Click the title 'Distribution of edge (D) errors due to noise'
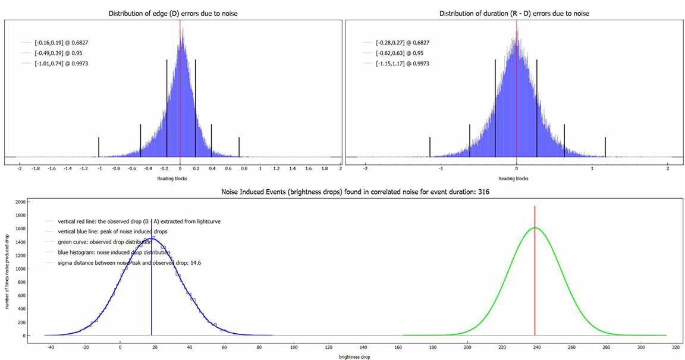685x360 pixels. [172, 13]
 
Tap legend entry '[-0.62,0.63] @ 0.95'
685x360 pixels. [398, 53]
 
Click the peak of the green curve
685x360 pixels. [535, 228]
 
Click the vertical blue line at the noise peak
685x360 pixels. [152, 286]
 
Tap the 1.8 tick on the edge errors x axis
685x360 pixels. [324, 168]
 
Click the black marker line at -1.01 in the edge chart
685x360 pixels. [99, 147]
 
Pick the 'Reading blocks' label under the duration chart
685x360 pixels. [516, 178]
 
